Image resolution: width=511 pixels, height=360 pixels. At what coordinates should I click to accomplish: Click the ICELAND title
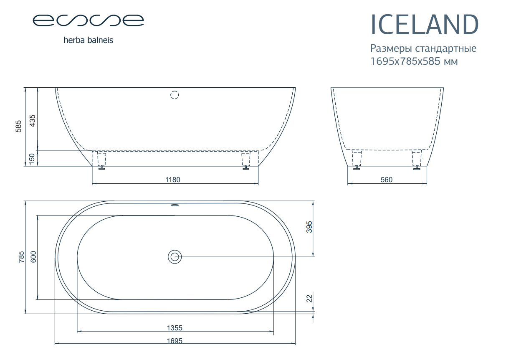pyautogui.click(x=424, y=24)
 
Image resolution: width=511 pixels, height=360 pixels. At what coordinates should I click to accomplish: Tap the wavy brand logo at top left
pyautogui.click(x=88, y=20)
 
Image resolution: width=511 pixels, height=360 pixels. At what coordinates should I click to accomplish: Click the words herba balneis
pyautogui.click(x=88, y=40)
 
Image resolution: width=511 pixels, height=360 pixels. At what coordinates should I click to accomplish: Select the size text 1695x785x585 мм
pyautogui.click(x=414, y=61)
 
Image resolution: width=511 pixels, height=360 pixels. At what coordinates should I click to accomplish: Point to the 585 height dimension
pyautogui.click(x=18, y=126)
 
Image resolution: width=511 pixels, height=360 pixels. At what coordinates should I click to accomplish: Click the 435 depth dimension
pyautogui.click(x=33, y=121)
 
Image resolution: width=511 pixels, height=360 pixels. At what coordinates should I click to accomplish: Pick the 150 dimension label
pyautogui.click(x=32, y=159)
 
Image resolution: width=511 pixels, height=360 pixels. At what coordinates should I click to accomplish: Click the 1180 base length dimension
pyautogui.click(x=173, y=180)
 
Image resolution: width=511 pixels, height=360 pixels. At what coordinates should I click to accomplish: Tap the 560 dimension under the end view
pyautogui.click(x=387, y=180)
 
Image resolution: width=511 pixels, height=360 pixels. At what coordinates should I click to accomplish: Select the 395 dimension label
pyautogui.click(x=309, y=227)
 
